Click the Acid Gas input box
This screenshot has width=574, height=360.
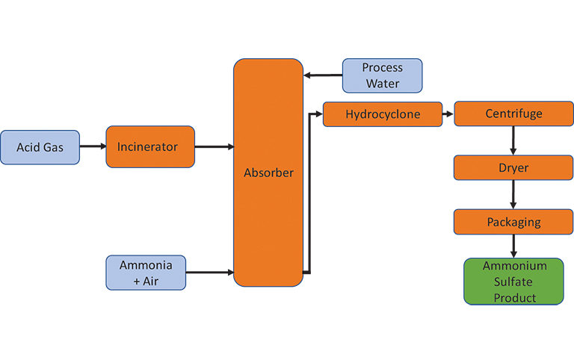coord(40,147)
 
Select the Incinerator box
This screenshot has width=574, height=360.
coord(150,146)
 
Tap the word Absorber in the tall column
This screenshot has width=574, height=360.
coord(268,173)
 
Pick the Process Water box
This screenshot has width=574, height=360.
coord(382,75)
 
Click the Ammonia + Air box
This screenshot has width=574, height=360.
coord(145,273)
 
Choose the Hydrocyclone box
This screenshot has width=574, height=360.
coord(383,115)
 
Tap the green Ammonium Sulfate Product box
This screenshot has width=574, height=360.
coord(513,282)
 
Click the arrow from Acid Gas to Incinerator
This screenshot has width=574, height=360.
coord(93,147)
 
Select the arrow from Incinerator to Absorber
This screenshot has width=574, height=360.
coord(214,147)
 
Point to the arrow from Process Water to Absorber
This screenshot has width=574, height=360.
coord(323,75)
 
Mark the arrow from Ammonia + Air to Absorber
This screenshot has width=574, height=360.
coord(209,273)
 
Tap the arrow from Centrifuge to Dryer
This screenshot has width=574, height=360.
coord(513,141)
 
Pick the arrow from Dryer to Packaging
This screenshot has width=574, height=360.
coord(513,195)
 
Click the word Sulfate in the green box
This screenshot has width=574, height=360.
coord(513,282)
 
